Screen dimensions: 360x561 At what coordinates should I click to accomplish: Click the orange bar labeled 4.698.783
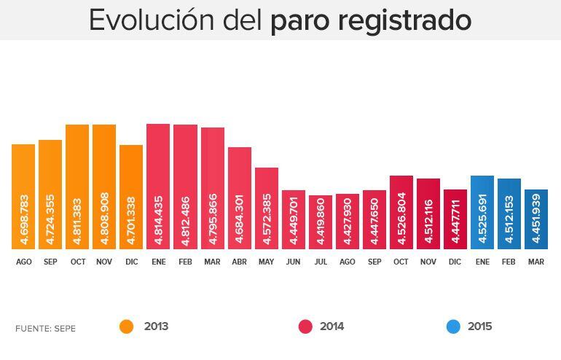(x=23, y=196)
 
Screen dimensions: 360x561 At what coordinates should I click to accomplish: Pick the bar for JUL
(x=320, y=222)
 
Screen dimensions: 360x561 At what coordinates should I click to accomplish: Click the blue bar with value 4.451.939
(x=535, y=219)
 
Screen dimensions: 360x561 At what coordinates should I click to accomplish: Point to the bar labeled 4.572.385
(x=266, y=208)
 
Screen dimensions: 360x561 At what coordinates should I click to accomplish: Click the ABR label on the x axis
(x=239, y=262)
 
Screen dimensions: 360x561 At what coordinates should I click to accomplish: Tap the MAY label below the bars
(x=266, y=262)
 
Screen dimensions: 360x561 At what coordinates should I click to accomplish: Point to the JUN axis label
(x=293, y=262)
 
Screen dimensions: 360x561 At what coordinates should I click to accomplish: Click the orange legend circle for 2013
(x=127, y=327)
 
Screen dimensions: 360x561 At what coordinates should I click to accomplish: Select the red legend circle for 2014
(x=305, y=327)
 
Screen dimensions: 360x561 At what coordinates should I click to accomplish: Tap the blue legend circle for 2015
(x=453, y=327)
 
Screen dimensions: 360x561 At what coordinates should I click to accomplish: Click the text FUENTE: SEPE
(x=45, y=329)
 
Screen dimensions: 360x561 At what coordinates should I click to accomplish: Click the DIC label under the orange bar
(x=131, y=262)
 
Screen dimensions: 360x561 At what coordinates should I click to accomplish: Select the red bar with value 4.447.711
(x=455, y=219)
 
